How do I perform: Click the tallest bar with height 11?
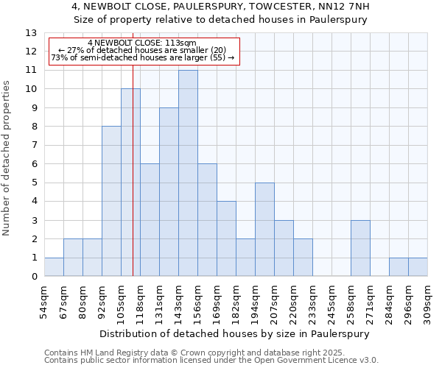[188, 174]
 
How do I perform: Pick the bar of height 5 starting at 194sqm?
[264, 230]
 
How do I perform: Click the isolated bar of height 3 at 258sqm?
[360, 248]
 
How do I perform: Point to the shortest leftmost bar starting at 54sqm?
[54, 267]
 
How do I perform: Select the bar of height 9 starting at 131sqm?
[169, 192]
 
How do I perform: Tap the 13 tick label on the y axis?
[31, 33]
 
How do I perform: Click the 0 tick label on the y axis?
[34, 277]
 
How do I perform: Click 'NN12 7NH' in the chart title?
[345, 7]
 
